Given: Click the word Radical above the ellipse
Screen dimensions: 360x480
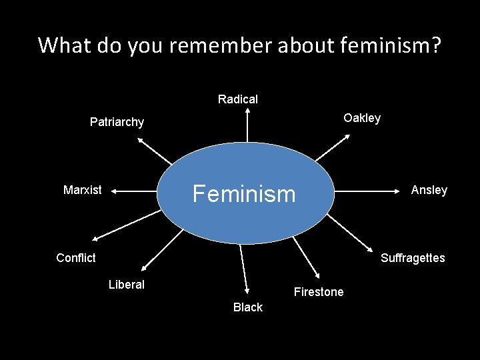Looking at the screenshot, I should point(237,99).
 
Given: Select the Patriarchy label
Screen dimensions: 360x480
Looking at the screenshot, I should point(117,122).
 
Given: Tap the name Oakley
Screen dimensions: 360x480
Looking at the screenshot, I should point(361,118).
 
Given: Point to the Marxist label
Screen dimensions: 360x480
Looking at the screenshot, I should point(82,190).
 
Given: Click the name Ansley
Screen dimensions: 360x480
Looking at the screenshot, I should point(429,190).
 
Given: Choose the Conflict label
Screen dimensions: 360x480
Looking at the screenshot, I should point(76,258).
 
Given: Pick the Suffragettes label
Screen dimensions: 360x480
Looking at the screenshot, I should point(412,258).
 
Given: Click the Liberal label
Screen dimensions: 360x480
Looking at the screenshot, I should point(126,285).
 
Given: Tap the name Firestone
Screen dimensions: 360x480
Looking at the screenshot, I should point(319,292).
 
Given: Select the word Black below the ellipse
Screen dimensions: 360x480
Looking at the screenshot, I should point(247,307).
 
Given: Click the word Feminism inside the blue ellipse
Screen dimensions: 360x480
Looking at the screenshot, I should point(243,194).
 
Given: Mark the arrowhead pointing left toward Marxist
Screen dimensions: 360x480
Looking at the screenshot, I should point(115,191).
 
